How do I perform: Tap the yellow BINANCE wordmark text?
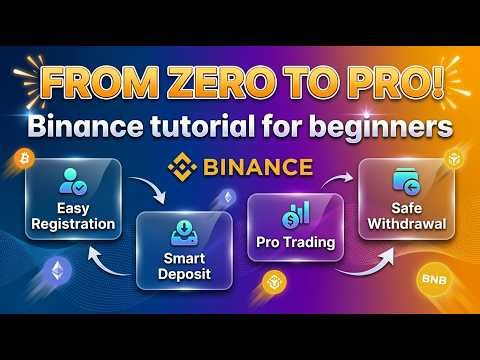[257, 166]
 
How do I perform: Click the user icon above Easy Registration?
[74, 182]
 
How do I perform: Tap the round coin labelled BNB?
[432, 278]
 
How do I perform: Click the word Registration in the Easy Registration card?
[74, 224]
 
